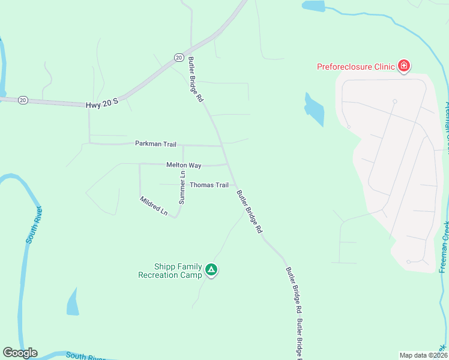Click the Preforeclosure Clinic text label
[356, 67]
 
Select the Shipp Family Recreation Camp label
[170, 271]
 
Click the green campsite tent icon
[211, 270]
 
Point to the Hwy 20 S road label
[102, 104]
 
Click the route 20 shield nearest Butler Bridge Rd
[179, 57]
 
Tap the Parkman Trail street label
[155, 144]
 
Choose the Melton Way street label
[184, 165]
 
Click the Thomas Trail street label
[209, 185]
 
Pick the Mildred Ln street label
[154, 206]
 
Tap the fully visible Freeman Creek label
[445, 247]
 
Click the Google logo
[20, 353]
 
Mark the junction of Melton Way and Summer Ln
[183, 163]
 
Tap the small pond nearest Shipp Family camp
[73, 302]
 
